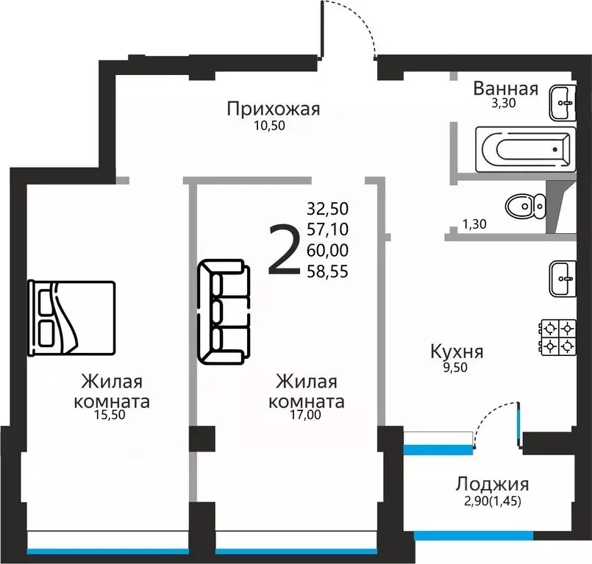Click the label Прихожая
[273, 110]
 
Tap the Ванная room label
[505, 89]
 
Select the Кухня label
[457, 351]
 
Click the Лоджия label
[492, 484]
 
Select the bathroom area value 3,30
[504, 104]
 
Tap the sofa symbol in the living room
[221, 312]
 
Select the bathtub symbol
[525, 150]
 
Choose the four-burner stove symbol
[558, 336]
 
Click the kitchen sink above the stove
[563, 279]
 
